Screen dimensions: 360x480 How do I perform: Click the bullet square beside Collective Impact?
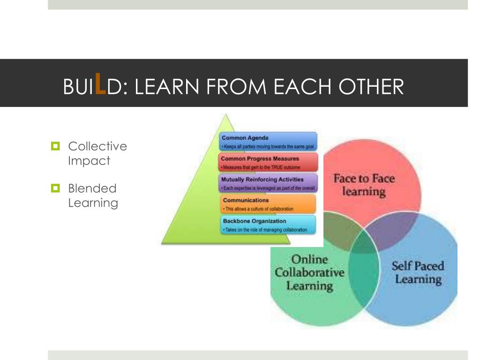(x=56, y=146)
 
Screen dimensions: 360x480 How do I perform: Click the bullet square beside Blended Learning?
(x=56, y=188)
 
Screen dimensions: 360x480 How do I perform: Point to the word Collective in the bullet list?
(x=97, y=146)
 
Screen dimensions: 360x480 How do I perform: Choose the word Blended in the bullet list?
(x=92, y=188)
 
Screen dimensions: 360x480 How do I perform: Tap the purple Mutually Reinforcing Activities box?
(x=269, y=183)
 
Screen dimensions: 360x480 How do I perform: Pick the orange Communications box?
(x=269, y=204)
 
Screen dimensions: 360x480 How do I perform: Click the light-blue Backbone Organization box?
(x=269, y=225)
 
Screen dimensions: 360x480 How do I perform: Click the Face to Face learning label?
(x=364, y=185)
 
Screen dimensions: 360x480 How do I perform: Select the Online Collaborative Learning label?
(x=309, y=272)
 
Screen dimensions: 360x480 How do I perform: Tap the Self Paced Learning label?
(x=418, y=273)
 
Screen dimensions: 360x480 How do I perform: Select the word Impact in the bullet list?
(x=89, y=160)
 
